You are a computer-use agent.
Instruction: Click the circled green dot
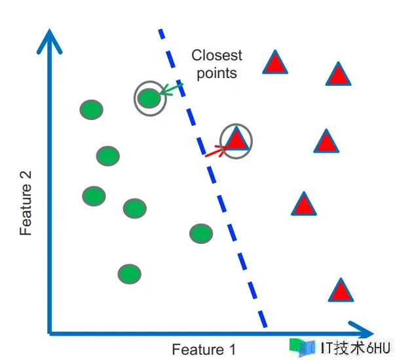tap(149, 98)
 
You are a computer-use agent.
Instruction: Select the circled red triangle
tap(236, 140)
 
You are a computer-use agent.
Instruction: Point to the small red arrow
tap(215, 152)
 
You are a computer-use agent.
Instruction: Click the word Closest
tap(216, 55)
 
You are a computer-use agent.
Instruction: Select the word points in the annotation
tap(216, 73)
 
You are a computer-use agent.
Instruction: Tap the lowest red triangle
tap(341, 290)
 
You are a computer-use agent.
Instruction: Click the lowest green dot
tap(130, 273)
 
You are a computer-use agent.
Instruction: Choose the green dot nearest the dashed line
tap(200, 233)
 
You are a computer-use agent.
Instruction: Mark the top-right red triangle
tap(338, 75)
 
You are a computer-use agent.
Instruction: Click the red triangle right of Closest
tap(276, 62)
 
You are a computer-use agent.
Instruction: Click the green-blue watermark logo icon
tap(302, 347)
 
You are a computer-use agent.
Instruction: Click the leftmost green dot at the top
tap(92, 110)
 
